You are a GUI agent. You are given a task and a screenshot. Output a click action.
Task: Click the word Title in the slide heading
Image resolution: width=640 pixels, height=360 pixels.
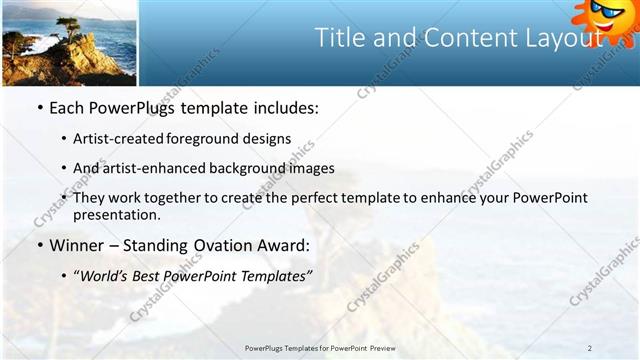[340, 38]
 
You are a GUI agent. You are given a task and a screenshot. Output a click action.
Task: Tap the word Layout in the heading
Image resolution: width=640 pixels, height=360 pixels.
[559, 38]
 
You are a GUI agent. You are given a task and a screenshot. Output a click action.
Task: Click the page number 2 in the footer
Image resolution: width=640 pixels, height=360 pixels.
[589, 348]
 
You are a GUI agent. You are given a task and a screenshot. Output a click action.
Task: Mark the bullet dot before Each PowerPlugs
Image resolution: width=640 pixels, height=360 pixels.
[40, 107]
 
